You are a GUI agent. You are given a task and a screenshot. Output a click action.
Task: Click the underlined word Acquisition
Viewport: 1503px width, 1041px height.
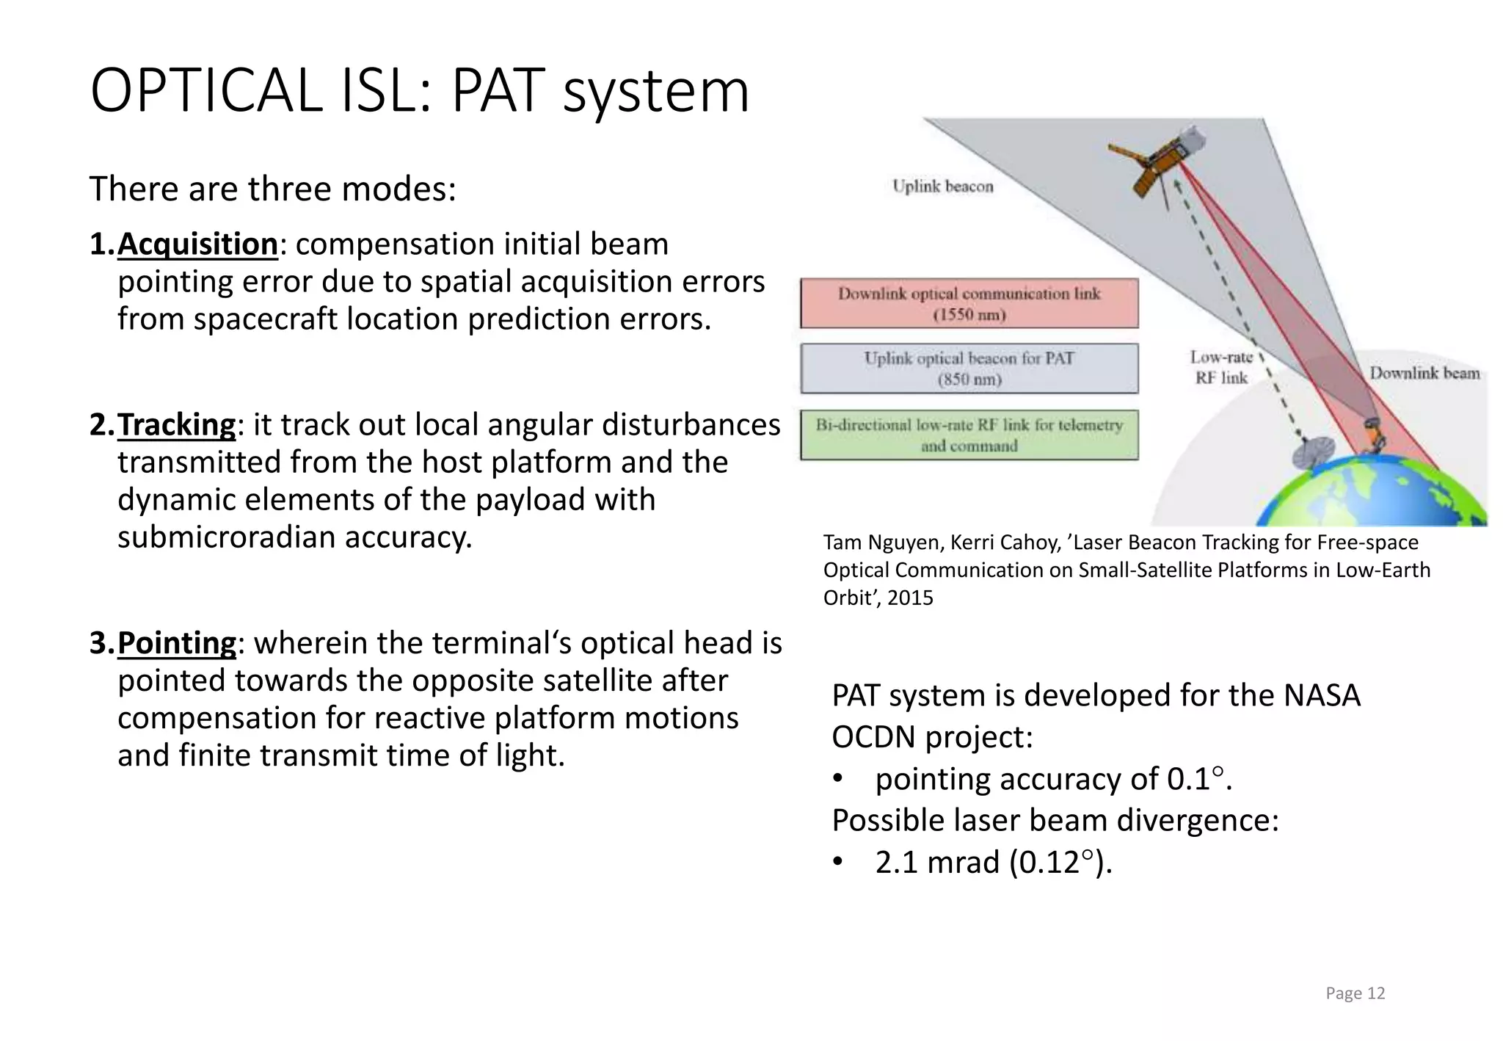coord(197,244)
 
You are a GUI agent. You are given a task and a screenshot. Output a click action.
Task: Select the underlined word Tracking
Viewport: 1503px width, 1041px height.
coord(176,425)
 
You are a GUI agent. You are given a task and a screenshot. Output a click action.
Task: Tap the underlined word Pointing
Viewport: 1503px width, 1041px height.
coord(176,643)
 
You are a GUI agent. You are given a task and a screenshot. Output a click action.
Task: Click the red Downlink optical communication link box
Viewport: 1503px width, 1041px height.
coord(969,303)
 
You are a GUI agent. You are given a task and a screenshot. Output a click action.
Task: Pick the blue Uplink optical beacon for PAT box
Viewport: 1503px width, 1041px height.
coord(969,369)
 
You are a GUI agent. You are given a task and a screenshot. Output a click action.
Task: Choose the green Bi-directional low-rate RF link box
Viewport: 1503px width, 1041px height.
coord(969,435)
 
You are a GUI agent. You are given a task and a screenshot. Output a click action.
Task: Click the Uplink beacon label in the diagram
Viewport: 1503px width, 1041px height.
coord(942,186)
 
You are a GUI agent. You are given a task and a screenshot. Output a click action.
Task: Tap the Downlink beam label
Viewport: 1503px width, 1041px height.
coord(1424,373)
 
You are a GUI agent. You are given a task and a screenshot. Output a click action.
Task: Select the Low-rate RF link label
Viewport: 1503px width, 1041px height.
coord(1220,367)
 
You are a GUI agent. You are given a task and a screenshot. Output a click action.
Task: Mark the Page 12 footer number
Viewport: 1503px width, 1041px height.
coord(1355,993)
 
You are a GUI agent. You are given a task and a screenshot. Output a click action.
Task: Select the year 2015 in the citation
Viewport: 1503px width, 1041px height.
coord(910,598)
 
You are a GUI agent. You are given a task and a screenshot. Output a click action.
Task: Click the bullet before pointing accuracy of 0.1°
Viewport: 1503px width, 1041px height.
coord(838,780)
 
